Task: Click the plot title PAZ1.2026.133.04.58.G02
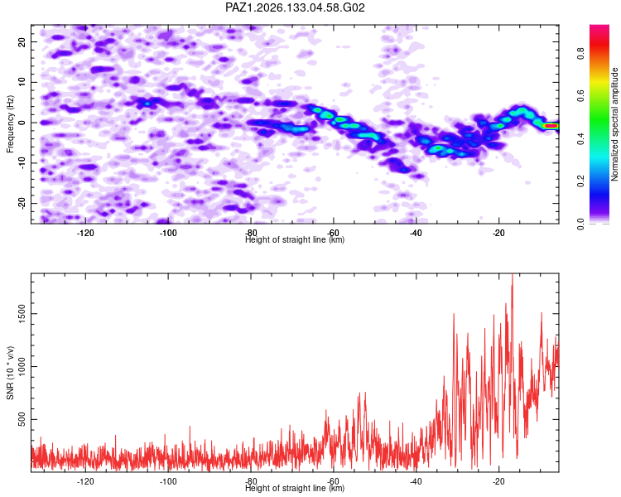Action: click(295, 7)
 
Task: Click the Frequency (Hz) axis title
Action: click(10, 124)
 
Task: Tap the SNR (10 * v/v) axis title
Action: click(10, 373)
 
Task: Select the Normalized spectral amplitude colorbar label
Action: click(614, 124)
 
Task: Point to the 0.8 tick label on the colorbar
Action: click(580, 53)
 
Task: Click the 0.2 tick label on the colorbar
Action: click(580, 181)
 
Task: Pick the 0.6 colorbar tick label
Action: click(580, 95)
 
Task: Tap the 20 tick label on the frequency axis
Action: click(22, 41)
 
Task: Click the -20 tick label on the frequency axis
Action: click(22, 203)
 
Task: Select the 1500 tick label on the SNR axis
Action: click(22, 313)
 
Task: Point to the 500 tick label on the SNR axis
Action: click(22, 419)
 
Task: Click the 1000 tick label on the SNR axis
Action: click(22, 366)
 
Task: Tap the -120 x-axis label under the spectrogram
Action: click(85, 233)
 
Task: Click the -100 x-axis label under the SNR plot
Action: click(168, 481)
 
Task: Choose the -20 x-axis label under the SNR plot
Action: click(498, 481)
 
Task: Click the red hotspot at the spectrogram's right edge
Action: click(551, 126)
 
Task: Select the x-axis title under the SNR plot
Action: click(295, 488)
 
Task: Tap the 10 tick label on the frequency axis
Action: click(22, 82)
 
